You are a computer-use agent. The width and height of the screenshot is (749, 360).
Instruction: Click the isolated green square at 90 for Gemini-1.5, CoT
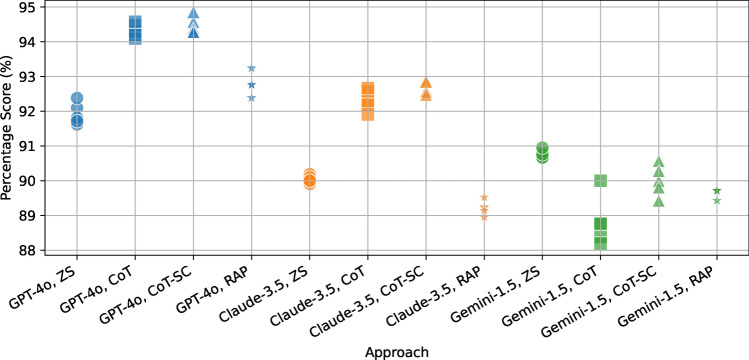pyautogui.click(x=600, y=181)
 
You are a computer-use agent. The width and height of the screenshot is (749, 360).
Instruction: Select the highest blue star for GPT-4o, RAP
pyautogui.click(x=252, y=68)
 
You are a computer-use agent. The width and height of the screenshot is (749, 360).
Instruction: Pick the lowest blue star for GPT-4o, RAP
pyautogui.click(x=252, y=98)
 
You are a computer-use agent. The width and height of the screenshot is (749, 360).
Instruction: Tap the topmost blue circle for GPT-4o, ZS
pyautogui.click(x=77, y=99)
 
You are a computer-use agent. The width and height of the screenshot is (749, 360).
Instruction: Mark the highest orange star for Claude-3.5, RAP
pyautogui.click(x=484, y=198)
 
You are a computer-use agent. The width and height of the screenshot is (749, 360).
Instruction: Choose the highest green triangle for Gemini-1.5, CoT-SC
pyautogui.click(x=658, y=162)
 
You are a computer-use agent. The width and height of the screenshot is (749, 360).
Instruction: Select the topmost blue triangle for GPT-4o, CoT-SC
pyautogui.click(x=194, y=13)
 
